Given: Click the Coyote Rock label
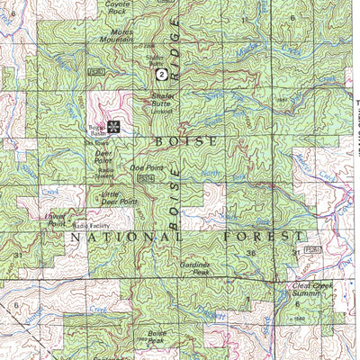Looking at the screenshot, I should [x=117, y=7].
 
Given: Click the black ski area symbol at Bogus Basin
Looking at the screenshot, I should [x=113, y=125].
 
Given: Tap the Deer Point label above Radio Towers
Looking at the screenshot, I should [x=103, y=156].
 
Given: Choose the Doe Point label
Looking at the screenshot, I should [x=147, y=167].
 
